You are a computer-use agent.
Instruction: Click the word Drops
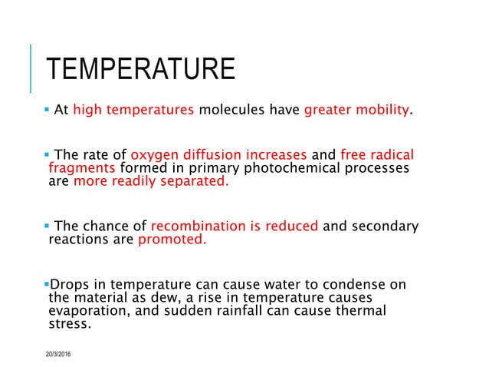tap(66, 284)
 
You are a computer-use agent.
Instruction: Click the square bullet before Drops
tap(45, 284)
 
